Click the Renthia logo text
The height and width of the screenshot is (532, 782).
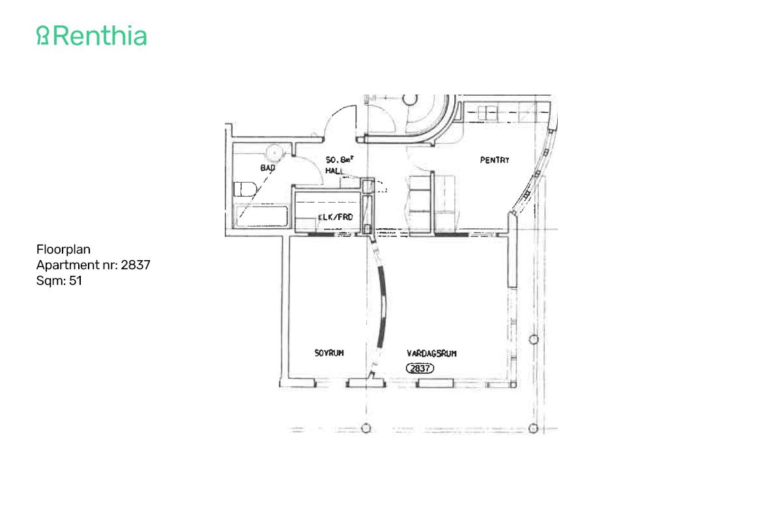coord(99,36)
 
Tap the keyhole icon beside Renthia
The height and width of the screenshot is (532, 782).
coord(43,36)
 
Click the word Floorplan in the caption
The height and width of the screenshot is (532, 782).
coord(63,249)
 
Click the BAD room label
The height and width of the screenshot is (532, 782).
coord(268,168)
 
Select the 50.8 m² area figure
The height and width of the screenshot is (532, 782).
coord(340,158)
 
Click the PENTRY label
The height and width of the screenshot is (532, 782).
coord(495,160)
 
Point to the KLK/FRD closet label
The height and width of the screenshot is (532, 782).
coord(336,216)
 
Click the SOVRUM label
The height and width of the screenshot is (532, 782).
coord(329,353)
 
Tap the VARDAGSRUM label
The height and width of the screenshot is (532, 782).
coord(431,353)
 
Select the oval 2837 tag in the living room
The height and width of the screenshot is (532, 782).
coord(420,368)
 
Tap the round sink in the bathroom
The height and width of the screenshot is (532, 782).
coord(276,151)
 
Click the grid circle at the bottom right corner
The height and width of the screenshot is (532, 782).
coord(534,428)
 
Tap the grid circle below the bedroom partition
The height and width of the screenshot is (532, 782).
coord(366,428)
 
